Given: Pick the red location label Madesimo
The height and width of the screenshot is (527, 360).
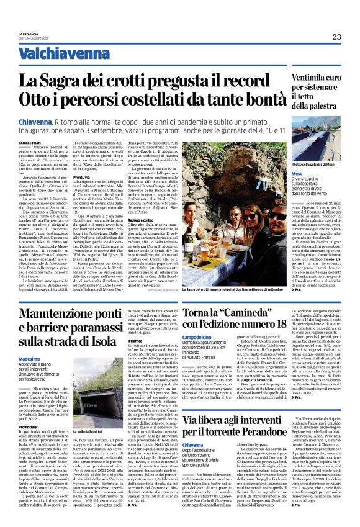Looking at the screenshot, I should point(32,359).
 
